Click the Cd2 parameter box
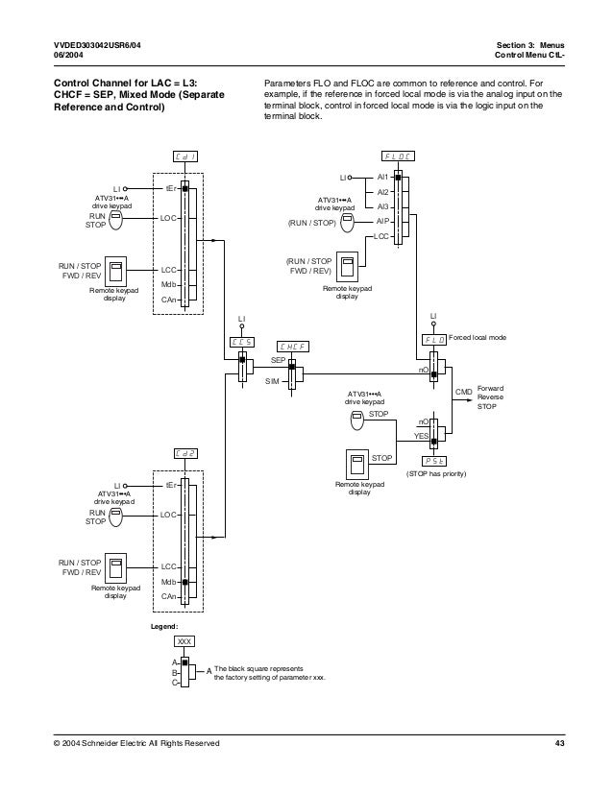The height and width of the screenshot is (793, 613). [x=186, y=453]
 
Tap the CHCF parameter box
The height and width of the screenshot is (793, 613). [x=291, y=346]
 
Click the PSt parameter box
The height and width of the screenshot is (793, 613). [x=434, y=460]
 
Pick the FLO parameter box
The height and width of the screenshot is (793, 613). [x=434, y=340]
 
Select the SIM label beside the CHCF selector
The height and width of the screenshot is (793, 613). [x=272, y=381]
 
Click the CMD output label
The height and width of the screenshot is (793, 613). [x=463, y=392]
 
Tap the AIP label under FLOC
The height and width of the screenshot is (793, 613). [x=381, y=220]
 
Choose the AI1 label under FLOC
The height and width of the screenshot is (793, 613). [x=382, y=178]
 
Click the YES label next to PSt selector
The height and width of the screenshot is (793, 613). [x=420, y=436]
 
